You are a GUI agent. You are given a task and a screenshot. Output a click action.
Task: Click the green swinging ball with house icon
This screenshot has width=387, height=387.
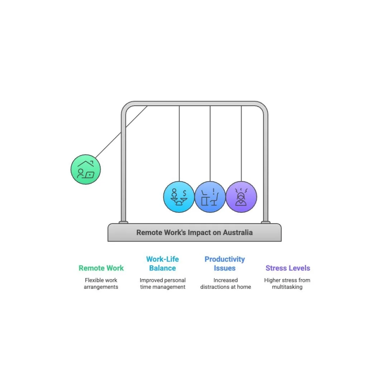tap(86, 169)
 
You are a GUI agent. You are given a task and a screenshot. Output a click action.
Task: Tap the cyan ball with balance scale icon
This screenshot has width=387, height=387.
tap(179, 197)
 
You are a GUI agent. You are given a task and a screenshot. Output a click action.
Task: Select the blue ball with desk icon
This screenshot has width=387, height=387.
tap(210, 197)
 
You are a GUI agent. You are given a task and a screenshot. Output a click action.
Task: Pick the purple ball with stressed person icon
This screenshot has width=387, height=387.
tap(241, 197)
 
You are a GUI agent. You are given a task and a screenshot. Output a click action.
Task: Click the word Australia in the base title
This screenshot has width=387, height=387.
tap(238, 233)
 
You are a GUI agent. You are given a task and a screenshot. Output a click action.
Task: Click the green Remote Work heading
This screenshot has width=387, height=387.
tap(101, 268)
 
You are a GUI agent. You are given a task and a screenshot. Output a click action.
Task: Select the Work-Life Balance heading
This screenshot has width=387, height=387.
tap(162, 263)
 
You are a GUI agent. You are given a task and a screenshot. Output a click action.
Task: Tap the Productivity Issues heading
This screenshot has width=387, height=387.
tap(225, 263)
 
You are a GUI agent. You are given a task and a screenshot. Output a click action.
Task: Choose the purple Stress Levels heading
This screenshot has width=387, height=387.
tap(288, 268)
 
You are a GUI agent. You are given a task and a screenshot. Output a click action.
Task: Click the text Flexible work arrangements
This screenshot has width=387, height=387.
tap(101, 283)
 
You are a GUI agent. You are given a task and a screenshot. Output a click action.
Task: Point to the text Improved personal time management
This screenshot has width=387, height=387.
tap(163, 283)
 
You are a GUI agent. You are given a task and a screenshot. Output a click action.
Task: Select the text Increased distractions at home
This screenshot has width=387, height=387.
tap(225, 283)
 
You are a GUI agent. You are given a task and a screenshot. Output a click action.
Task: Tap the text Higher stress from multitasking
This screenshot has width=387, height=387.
tap(287, 283)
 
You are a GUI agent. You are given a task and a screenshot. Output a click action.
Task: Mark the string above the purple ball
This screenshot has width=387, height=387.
tap(241, 143)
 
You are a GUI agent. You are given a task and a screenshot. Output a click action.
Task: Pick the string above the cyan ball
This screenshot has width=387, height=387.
tap(179, 143)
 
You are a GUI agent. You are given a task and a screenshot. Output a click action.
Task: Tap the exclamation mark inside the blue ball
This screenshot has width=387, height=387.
tap(214, 191)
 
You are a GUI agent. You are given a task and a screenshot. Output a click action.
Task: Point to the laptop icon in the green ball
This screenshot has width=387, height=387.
tap(89, 175)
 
